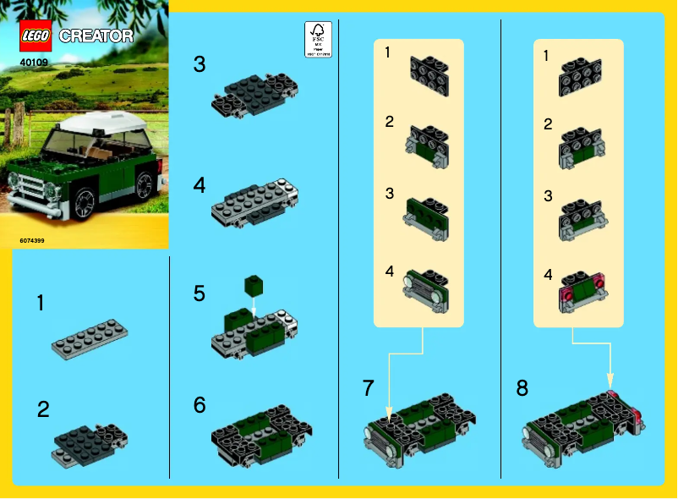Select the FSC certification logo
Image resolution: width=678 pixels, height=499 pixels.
tap(320, 40)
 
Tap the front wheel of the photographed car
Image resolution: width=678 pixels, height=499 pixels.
tap(85, 203)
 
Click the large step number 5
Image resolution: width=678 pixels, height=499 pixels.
tap(199, 293)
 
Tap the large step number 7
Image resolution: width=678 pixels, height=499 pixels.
tap(368, 388)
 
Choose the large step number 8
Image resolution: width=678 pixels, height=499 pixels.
tap(522, 388)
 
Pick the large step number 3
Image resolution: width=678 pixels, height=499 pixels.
tap(199, 63)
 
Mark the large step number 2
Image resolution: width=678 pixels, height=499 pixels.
tap(43, 409)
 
